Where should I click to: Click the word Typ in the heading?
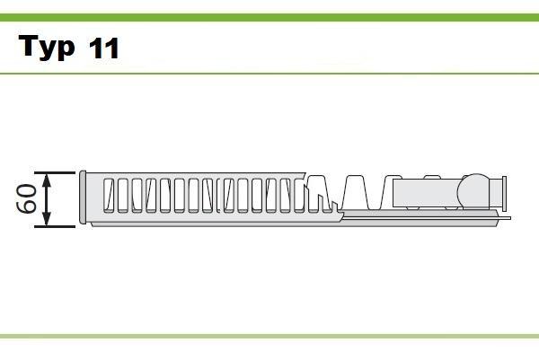(x=47, y=48)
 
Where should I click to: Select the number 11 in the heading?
(x=103, y=48)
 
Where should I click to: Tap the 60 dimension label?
(x=26, y=198)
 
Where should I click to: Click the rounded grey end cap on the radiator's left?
(x=84, y=198)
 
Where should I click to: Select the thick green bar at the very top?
(x=269, y=17)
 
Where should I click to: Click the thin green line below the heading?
(x=269, y=73)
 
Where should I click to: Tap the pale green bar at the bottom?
(x=269, y=337)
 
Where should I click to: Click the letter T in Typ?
(x=28, y=47)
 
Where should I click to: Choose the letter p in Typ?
(x=66, y=51)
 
